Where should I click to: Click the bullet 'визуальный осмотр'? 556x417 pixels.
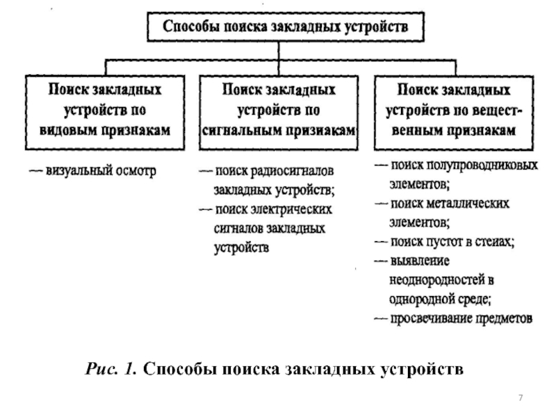pyautogui.click(x=101, y=170)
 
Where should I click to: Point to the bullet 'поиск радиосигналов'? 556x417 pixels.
pyautogui.click(x=275, y=170)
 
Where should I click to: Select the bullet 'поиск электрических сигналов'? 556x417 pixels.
pyautogui.click(x=275, y=209)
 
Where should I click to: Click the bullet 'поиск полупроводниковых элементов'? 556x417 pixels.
pyautogui.click(x=455, y=167)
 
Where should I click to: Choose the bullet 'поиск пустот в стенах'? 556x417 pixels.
pyautogui.click(x=452, y=243)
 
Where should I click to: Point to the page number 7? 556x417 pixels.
pyautogui.click(x=521, y=397)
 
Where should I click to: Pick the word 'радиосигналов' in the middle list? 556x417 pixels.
pyautogui.click(x=302, y=170)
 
